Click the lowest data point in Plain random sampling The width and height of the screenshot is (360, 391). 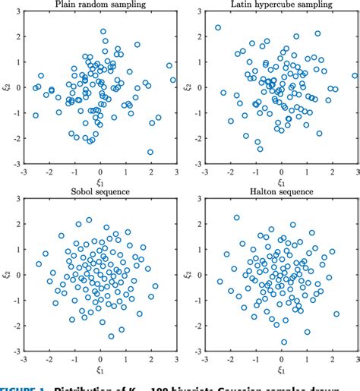click(150, 152)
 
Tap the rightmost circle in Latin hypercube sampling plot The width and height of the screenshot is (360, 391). click(354, 75)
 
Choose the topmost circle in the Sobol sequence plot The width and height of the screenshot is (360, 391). click(89, 220)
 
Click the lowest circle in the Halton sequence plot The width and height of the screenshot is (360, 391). click(284, 342)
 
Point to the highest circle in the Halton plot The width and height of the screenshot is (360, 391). click(237, 217)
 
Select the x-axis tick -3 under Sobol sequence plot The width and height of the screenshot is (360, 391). click(24, 361)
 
